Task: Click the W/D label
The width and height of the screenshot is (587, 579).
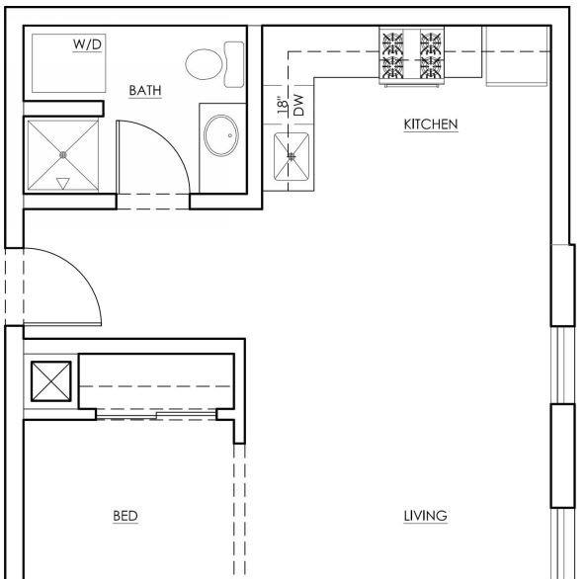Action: [87, 44]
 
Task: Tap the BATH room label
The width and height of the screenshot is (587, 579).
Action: [145, 90]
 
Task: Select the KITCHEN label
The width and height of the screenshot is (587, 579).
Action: [431, 124]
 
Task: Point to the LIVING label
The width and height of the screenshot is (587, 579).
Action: [425, 516]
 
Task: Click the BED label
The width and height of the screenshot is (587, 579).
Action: [126, 516]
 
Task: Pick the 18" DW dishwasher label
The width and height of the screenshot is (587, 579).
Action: [291, 105]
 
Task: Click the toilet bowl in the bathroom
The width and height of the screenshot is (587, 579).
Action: [204, 64]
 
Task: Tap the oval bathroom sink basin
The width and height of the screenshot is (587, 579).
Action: [221, 135]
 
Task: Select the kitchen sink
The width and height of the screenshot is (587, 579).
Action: [292, 156]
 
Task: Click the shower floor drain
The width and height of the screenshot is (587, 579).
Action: [63, 154]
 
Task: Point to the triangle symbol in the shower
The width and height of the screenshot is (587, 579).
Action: [62, 184]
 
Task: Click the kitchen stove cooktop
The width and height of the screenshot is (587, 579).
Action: [412, 55]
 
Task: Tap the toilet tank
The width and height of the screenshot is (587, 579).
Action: [234, 64]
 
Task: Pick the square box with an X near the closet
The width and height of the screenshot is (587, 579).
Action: [51, 381]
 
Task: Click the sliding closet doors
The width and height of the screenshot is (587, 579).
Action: [156, 415]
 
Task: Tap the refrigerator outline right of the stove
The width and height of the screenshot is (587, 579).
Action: [517, 56]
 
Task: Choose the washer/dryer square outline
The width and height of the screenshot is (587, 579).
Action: [68, 63]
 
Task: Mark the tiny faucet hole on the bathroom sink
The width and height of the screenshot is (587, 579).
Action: [230, 135]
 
